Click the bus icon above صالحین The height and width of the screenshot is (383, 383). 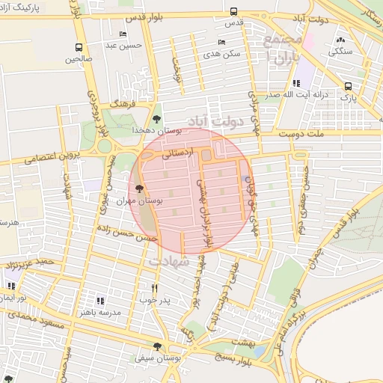pyautogui.click(x=79, y=44)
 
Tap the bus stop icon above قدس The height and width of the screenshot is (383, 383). pyautogui.click(x=233, y=12)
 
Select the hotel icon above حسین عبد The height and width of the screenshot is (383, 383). pyautogui.click(x=123, y=34)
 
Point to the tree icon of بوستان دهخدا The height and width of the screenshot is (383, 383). pyautogui.click(x=156, y=118)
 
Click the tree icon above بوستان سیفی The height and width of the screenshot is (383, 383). pyautogui.click(x=156, y=346)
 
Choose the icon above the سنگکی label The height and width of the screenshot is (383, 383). pyautogui.click(x=341, y=40)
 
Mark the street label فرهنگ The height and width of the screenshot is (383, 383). pyautogui.click(x=120, y=104)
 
